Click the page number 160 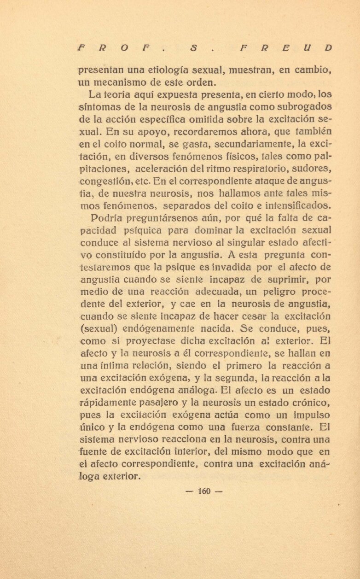[203, 491]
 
